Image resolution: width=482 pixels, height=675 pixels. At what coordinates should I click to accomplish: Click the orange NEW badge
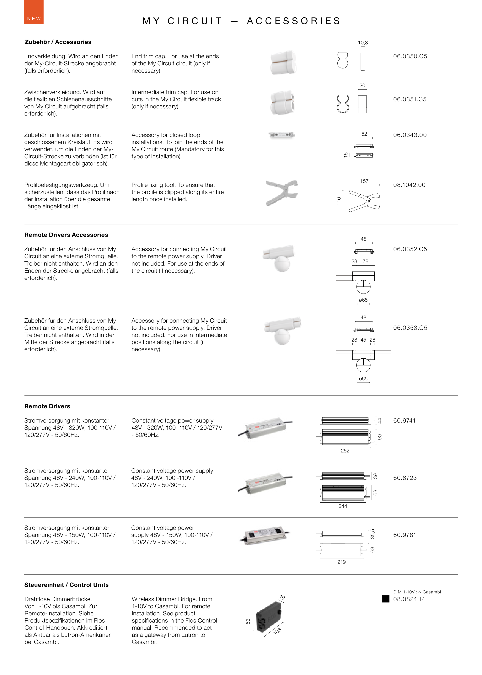(34, 12)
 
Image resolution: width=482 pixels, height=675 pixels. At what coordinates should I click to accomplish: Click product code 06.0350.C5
(410, 56)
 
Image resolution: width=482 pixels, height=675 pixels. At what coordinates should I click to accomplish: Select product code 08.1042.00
(409, 185)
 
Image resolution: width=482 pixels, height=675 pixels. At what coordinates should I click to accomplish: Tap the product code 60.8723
(405, 478)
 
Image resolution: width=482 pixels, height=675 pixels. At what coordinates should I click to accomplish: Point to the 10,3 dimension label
(363, 43)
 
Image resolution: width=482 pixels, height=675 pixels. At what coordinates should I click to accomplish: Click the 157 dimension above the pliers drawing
(364, 181)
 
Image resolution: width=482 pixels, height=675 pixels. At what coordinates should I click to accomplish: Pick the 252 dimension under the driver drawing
(345, 451)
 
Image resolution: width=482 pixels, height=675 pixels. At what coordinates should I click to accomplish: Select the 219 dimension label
(341, 562)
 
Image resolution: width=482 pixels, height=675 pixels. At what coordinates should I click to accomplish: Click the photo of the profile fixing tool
(282, 192)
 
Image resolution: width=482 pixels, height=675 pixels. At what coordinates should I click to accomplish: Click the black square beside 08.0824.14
(386, 599)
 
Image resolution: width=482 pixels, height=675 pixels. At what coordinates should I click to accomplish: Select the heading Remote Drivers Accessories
(66, 235)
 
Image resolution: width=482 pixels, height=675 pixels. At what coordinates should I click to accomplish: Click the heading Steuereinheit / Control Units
(67, 585)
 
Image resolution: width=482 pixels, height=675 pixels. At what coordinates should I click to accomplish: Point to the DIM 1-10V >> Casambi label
(417, 592)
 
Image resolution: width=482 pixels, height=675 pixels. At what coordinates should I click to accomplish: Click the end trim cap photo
(283, 62)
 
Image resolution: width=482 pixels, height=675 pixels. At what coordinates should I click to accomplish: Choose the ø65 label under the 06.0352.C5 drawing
(363, 300)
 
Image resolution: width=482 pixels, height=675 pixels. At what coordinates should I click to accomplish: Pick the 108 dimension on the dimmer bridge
(277, 631)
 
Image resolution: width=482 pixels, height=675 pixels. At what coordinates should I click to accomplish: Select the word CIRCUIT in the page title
(195, 21)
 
